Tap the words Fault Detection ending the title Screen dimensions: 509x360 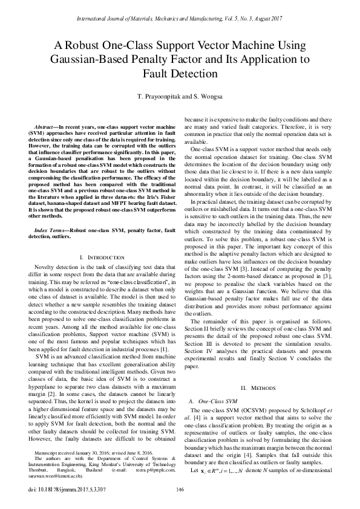pos(180,74)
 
